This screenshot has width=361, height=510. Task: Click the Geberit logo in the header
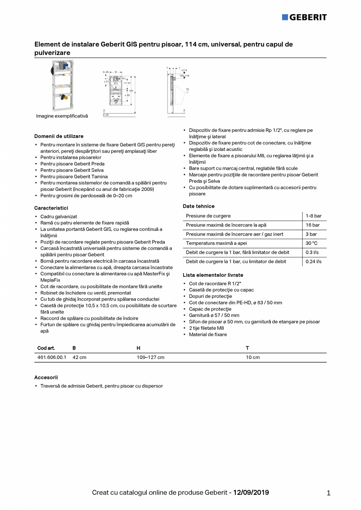point(304,17)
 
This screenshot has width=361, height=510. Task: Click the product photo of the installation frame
point(62,86)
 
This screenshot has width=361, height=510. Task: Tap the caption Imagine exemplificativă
point(62,116)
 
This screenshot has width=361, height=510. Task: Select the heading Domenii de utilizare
point(59,136)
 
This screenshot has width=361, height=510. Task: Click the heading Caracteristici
point(51,208)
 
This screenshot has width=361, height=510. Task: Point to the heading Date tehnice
point(199,206)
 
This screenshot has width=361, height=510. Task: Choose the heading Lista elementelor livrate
point(213,275)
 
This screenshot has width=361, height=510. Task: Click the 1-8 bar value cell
point(314,216)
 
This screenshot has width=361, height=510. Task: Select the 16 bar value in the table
point(313,225)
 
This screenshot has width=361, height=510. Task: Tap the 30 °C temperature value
point(312,243)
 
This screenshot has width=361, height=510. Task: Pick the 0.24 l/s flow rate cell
point(314,261)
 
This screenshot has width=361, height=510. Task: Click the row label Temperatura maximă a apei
point(216,243)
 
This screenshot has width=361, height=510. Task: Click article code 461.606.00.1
point(52,358)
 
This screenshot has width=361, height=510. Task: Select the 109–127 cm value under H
point(150,358)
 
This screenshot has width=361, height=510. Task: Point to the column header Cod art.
point(46,348)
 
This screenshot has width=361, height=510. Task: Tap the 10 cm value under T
point(253,358)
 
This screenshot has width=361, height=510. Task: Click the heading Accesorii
point(46,378)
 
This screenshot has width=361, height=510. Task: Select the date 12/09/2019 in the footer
point(251,492)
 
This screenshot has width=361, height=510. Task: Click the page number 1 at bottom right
point(328,493)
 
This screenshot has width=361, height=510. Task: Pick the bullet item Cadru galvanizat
point(58,216)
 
